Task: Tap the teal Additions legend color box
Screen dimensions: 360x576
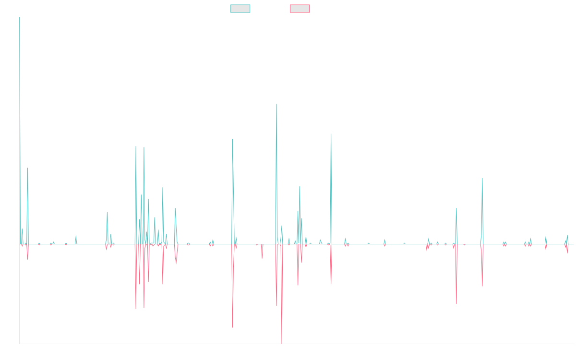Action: (240, 9)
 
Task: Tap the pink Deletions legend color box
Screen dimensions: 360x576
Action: (300, 9)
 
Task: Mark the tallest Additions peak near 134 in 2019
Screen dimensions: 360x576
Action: (276, 104)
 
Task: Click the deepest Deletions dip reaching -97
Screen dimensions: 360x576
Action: (282, 343)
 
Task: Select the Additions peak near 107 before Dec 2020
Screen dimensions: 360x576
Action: (331, 134)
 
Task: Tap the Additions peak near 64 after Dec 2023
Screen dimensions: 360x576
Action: (482, 179)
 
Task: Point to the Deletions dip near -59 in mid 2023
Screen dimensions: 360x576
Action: (456, 304)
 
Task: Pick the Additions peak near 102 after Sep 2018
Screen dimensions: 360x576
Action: (232, 139)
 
